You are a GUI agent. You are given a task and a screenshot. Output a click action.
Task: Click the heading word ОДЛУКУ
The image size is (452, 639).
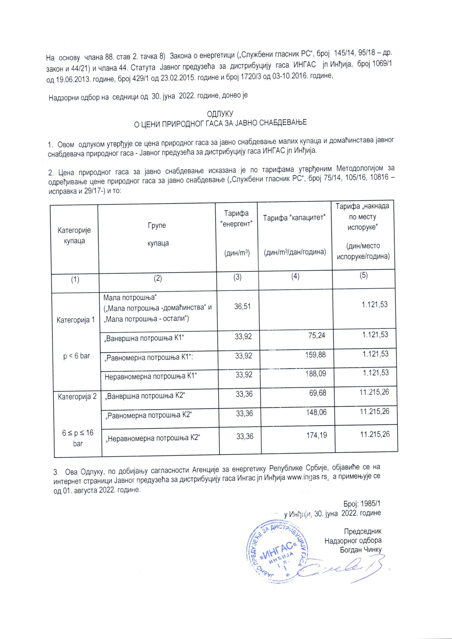point(220,114)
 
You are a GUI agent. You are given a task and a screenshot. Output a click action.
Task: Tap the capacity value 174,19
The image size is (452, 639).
point(317,435)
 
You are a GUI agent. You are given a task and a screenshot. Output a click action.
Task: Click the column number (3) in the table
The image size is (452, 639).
point(237,277)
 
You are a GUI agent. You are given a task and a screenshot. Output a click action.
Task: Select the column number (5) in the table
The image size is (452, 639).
point(364,275)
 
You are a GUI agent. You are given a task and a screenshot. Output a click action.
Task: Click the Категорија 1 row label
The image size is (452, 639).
point(75,320)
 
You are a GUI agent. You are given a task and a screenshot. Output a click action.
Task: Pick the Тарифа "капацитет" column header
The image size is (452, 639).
point(295,217)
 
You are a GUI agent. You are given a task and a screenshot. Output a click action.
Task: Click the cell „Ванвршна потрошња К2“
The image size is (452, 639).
point(145,395)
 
